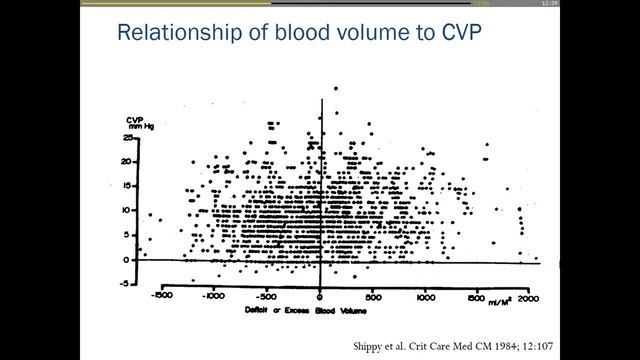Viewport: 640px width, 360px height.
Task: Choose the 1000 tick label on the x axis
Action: (427, 298)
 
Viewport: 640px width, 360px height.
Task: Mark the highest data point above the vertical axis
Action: (335, 89)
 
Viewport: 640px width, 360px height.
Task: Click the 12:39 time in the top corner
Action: (626, 4)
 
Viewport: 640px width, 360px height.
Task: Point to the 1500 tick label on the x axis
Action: (480, 298)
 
